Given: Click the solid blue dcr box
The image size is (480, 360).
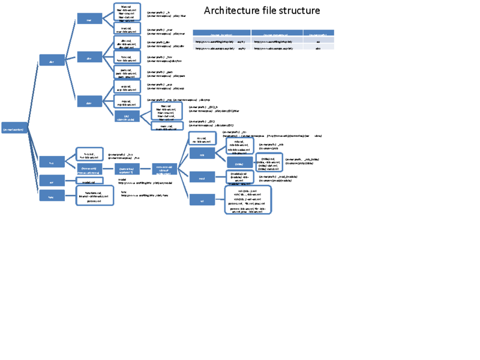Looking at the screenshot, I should [x=52, y=60].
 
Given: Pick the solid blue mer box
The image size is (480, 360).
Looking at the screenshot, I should [x=89, y=19].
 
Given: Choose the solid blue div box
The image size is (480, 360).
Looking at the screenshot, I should [x=89, y=57].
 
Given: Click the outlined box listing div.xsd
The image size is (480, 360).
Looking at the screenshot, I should [x=127, y=43].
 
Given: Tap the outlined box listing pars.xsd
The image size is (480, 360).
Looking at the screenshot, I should [x=127, y=73].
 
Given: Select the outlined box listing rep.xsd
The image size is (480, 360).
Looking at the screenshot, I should [x=127, y=102].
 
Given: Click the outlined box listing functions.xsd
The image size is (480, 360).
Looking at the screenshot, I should [x=95, y=196].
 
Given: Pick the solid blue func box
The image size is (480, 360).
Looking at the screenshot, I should [x=52, y=196].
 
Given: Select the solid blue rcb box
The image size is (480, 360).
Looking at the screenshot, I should [x=202, y=154].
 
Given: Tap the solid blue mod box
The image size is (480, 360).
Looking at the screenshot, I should [x=202, y=178].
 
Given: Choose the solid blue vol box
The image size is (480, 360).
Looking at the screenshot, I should [x=202, y=200].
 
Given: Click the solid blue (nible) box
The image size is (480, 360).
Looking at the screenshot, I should [x=239, y=163].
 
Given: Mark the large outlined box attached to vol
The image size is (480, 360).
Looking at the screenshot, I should [x=248, y=200].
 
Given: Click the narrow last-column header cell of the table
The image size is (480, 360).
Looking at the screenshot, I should [x=318, y=33].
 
